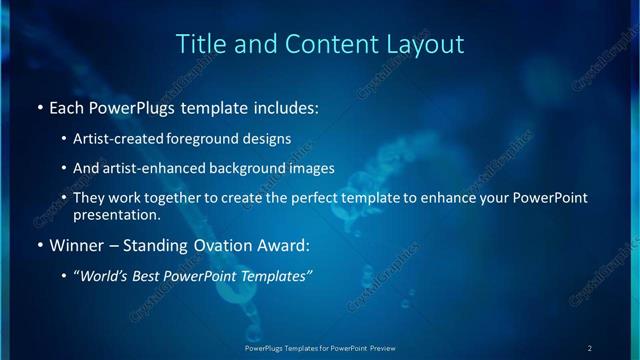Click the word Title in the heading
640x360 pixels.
199,44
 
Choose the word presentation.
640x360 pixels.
116,214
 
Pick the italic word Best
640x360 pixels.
151,276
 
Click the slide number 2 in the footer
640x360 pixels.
590,347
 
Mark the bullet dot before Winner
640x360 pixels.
39,245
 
